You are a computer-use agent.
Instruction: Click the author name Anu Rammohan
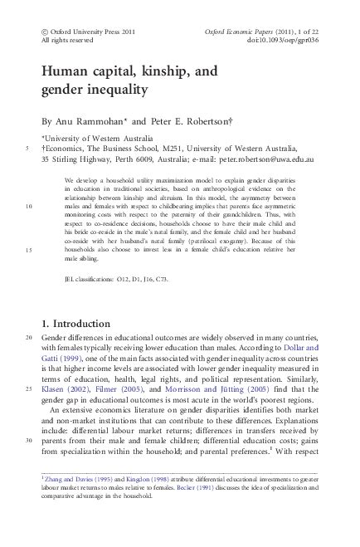90,118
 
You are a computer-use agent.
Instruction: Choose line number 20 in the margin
29,339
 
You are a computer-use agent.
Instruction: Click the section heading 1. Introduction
87,323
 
